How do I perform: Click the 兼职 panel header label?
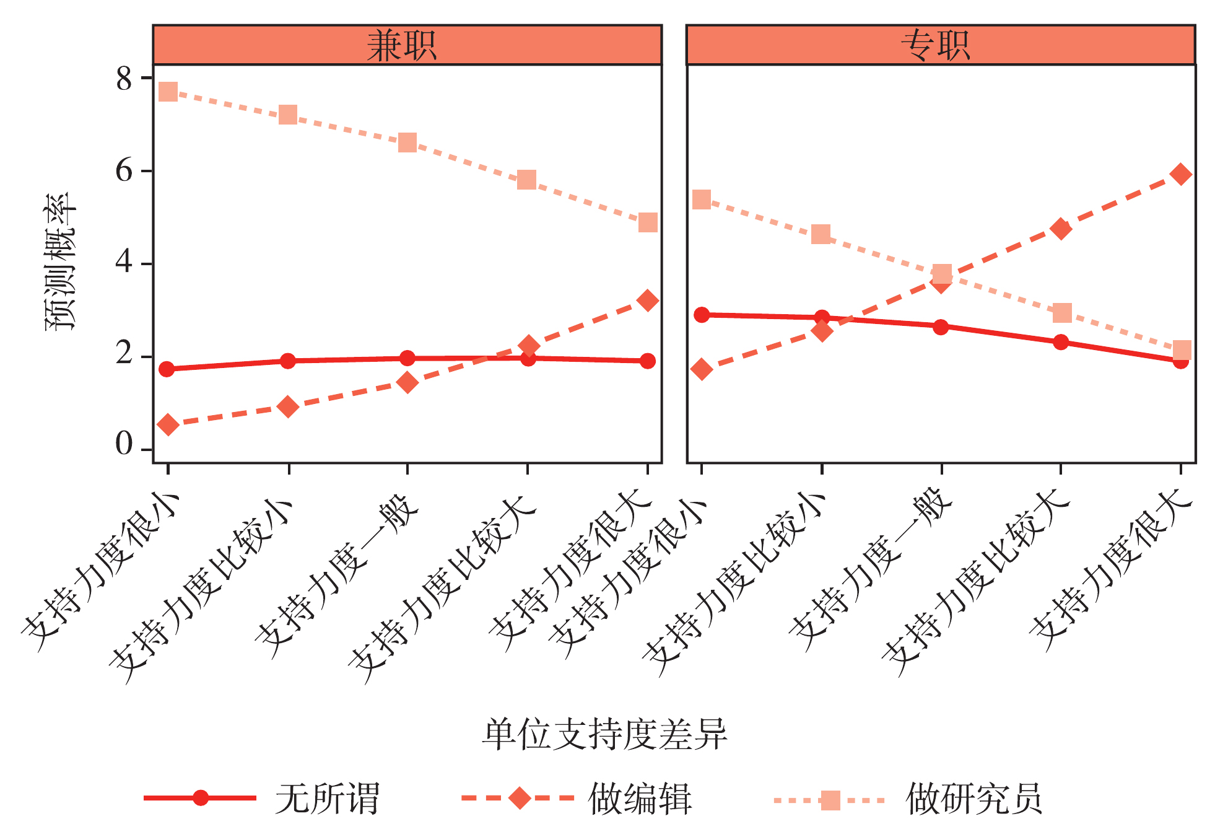pyautogui.click(x=401, y=46)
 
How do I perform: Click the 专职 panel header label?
pyautogui.click(x=936, y=46)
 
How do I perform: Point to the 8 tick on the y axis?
pyautogui.click(x=124, y=79)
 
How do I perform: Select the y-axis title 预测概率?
pyautogui.click(x=60, y=261)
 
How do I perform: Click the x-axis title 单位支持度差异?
pyautogui.click(x=604, y=735)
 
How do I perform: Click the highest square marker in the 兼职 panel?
pyautogui.click(x=168, y=92)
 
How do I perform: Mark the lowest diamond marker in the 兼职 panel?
pyautogui.click(x=168, y=424)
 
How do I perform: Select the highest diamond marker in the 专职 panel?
pyautogui.click(x=1181, y=174)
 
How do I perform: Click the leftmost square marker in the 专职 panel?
pyautogui.click(x=701, y=200)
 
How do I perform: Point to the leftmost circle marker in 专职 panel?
pyautogui.click(x=701, y=315)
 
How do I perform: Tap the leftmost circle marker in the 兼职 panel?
pyautogui.click(x=167, y=369)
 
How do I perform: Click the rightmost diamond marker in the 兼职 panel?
pyautogui.click(x=647, y=301)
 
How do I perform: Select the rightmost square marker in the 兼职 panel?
pyautogui.click(x=647, y=222)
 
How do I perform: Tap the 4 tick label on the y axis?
pyautogui.click(x=124, y=262)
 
